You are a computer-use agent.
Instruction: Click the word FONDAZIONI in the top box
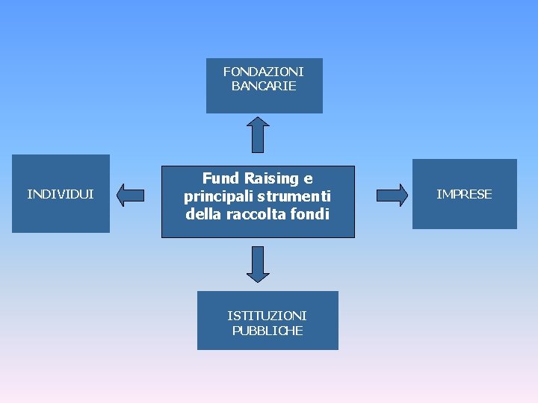coord(264,72)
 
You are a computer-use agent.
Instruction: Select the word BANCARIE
coord(264,86)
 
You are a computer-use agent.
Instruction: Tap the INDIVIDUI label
coord(61,194)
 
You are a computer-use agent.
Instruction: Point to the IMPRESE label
coord(464,194)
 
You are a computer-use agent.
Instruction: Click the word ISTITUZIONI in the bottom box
coord(267,316)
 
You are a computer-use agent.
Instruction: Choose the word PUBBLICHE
coord(267,331)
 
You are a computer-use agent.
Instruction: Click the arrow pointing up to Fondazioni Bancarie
coord(258,134)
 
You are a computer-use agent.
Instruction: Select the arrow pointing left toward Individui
coord(131,196)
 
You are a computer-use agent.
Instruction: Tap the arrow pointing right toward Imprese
coord(392,195)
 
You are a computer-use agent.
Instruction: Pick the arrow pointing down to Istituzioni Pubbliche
coord(258,264)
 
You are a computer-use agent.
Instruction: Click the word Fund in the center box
coord(220,178)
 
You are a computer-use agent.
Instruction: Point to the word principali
coord(217,196)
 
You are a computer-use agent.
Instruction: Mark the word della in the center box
coord(205,214)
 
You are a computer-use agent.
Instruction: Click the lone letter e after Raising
coord(308,179)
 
